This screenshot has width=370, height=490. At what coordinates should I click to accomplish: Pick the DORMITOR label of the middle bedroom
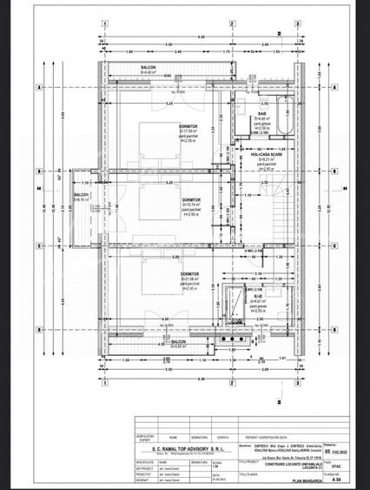pyautogui.click(x=193, y=199)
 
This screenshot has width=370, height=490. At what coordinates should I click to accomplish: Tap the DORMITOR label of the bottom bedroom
pyautogui.click(x=191, y=272)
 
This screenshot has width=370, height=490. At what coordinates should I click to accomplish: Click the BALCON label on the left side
pyautogui.click(x=82, y=195)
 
